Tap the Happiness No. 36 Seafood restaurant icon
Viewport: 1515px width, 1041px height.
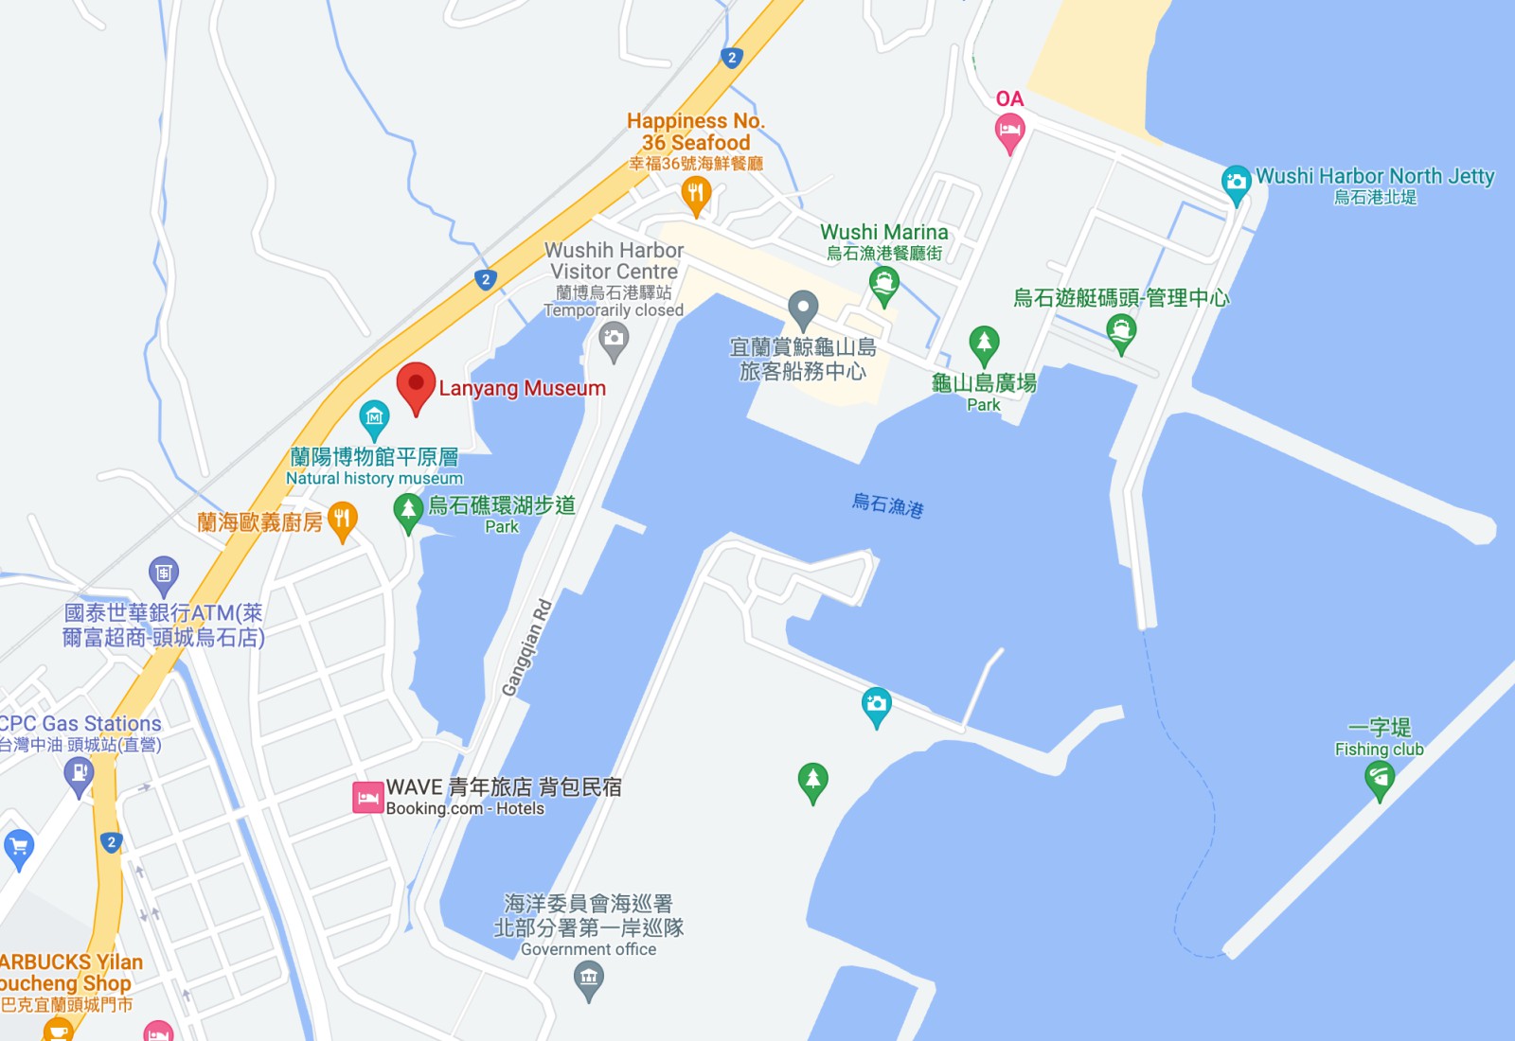[696, 194]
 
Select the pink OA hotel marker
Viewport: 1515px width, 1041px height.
[1009, 131]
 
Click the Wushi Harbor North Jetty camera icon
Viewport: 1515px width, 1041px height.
[1236, 182]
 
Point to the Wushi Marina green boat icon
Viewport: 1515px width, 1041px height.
[883, 283]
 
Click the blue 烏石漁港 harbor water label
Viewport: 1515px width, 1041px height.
[887, 504]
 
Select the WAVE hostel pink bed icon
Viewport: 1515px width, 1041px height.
[367, 798]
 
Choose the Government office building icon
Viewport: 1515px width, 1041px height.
[589, 978]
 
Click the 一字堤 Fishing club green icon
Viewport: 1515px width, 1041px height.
[1380, 779]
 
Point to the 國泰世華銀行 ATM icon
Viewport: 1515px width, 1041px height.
[164, 573]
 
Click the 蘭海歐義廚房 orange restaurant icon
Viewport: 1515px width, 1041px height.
[342, 520]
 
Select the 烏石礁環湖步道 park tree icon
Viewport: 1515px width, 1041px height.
[408, 510]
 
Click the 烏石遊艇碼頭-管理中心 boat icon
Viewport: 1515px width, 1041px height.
[1121, 331]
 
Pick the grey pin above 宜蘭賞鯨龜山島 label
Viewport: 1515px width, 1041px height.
[803, 307]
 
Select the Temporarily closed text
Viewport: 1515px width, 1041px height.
[614, 310]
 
